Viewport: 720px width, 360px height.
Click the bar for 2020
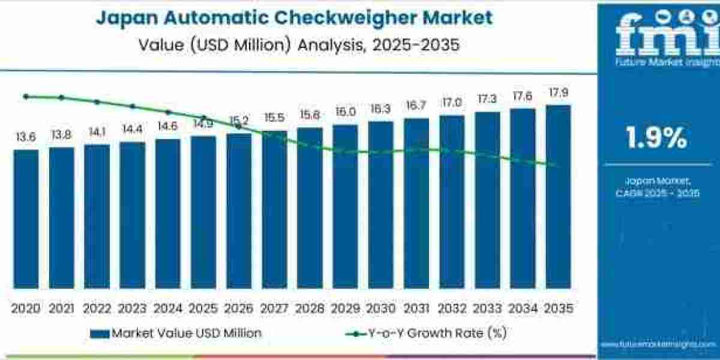(26, 219)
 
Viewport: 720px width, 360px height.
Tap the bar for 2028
(310, 208)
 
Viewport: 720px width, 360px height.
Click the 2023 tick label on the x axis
(132, 308)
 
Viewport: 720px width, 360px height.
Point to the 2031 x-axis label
(416, 308)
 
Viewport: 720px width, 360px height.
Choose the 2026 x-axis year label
(239, 308)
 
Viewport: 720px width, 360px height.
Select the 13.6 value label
(26, 137)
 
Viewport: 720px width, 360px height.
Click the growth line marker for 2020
(26, 96)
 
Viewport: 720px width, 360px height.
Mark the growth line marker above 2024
(168, 112)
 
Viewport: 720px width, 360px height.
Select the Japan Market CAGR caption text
(656, 187)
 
